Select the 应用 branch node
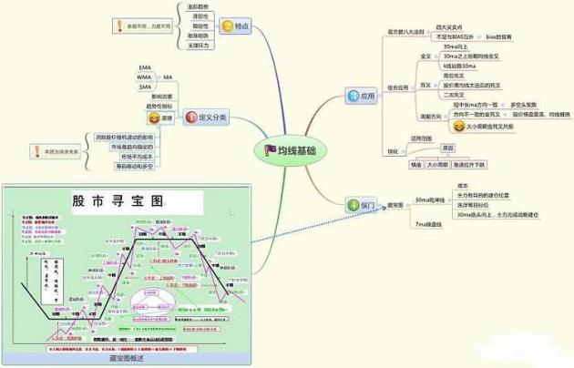coord(357,94)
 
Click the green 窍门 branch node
coord(358,206)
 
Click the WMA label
coord(144,77)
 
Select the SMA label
coord(144,87)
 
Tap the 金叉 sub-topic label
coord(425,56)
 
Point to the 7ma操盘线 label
coord(428,223)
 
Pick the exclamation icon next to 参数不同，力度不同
coord(118,26)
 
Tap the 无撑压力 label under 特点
coord(198,44)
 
